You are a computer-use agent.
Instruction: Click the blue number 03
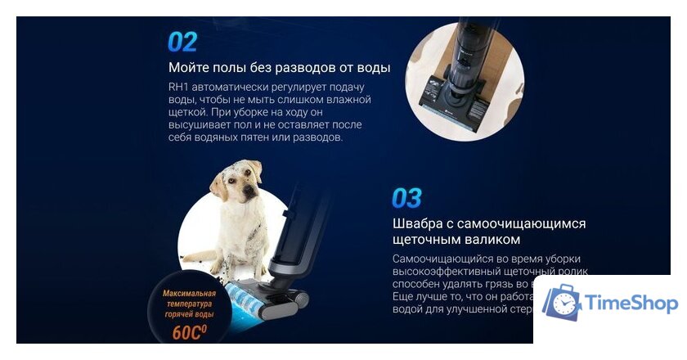pyautogui.click(x=407, y=198)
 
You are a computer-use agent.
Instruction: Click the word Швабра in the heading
pyautogui.click(x=420, y=223)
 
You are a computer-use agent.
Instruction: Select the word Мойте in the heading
pyautogui.click(x=187, y=67)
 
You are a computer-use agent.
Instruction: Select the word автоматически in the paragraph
pyautogui.click(x=236, y=88)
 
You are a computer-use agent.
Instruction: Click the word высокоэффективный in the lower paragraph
pyautogui.click(x=453, y=272)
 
